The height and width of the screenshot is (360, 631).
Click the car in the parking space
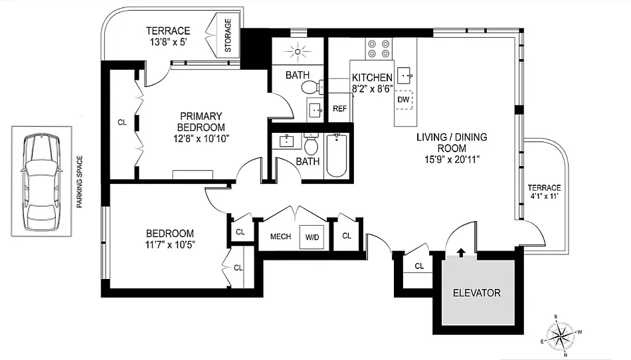(x=41, y=182)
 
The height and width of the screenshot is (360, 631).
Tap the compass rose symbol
(x=561, y=335)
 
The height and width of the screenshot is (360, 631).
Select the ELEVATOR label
(x=477, y=293)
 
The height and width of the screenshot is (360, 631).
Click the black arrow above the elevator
(x=461, y=252)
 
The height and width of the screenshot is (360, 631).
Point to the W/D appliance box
(x=312, y=237)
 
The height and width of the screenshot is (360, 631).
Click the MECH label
(x=280, y=236)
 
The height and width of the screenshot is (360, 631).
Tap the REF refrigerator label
(x=339, y=109)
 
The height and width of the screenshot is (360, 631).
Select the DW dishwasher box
(x=404, y=100)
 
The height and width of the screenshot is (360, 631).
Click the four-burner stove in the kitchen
(x=379, y=48)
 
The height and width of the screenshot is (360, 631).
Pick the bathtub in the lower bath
(x=337, y=155)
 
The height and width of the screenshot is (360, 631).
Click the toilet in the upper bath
(x=312, y=86)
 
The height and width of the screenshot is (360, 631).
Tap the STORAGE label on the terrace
(x=228, y=35)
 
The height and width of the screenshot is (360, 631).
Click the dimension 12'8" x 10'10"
(x=201, y=139)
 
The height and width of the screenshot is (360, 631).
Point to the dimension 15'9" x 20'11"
(x=452, y=159)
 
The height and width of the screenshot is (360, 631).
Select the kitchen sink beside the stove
(x=405, y=75)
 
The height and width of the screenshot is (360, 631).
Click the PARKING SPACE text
(x=79, y=182)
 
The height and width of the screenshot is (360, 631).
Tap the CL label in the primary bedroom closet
(x=122, y=122)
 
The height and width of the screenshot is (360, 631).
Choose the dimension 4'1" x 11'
(x=544, y=197)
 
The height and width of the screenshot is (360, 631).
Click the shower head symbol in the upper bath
(x=298, y=52)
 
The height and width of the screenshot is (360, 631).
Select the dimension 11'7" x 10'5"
(x=170, y=245)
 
